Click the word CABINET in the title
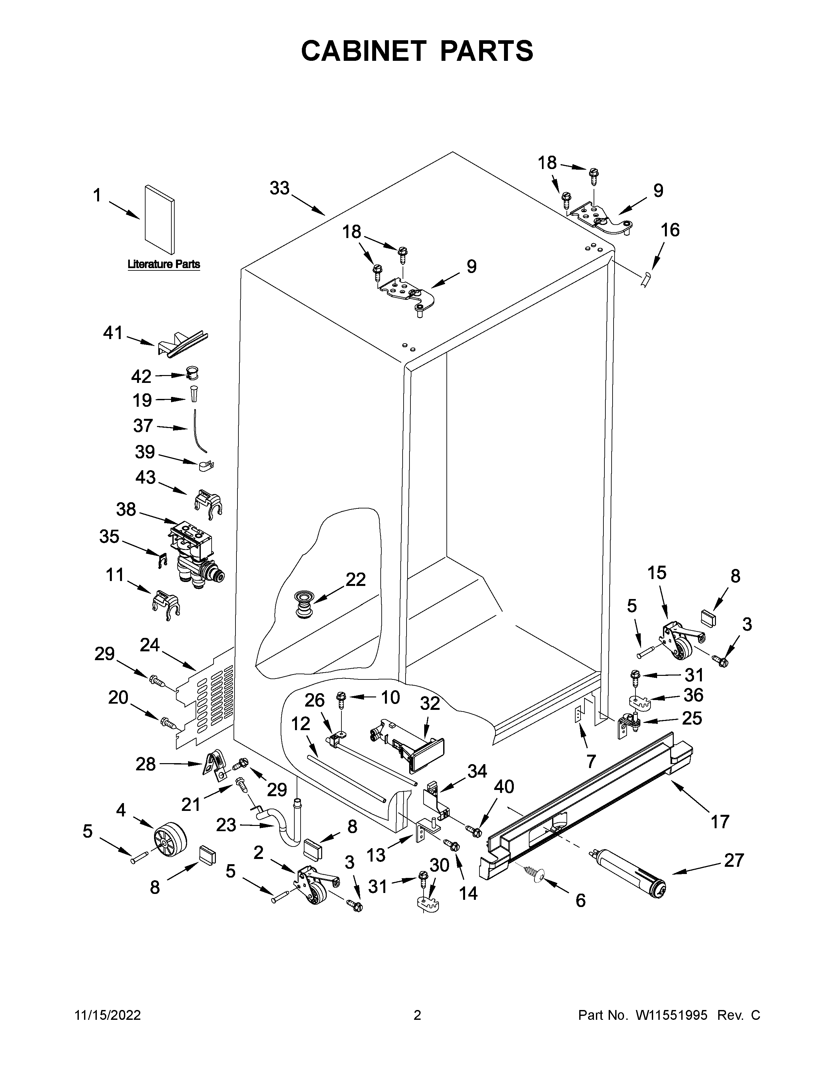coord(363,51)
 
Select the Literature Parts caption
coord(164,264)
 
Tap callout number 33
coord(279,188)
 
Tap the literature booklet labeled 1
coord(159,219)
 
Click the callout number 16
coord(670,230)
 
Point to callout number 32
coord(430,703)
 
